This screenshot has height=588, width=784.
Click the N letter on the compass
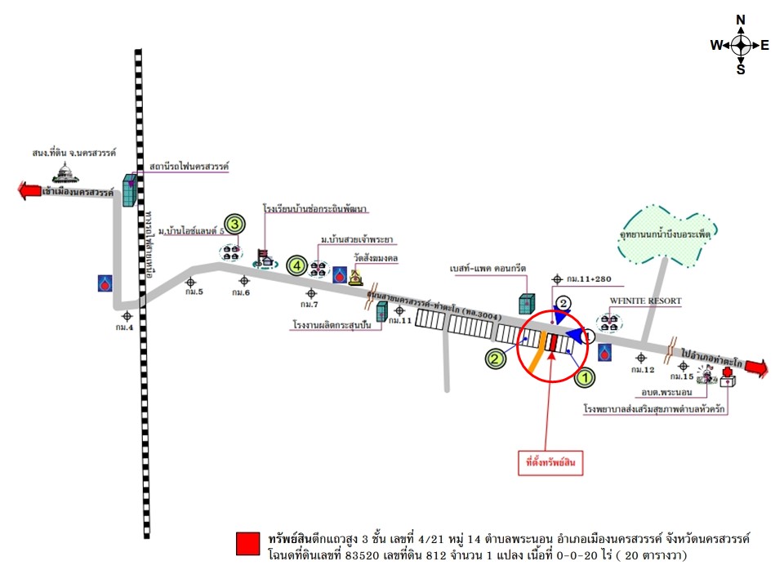[x=741, y=20]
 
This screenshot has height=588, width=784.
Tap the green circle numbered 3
[x=234, y=224]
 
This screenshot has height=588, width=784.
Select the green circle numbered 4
[x=297, y=265]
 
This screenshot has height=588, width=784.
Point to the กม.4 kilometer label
[x=124, y=327]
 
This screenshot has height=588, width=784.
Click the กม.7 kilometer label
[x=309, y=305]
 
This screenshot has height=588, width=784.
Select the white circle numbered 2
[x=563, y=303]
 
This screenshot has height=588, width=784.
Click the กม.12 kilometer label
[x=645, y=370]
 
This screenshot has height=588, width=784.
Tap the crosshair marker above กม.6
[x=243, y=280]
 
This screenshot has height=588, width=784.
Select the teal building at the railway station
[x=130, y=189]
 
